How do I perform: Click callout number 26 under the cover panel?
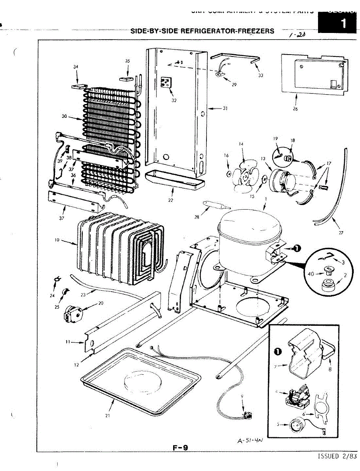[x=295, y=109]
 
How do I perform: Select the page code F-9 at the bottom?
[x=180, y=446]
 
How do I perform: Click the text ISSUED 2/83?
[x=338, y=456]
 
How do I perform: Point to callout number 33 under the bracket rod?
[x=261, y=75]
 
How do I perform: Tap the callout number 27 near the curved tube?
[x=341, y=233]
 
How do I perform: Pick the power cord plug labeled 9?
[x=248, y=414]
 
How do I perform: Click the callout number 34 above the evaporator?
[x=76, y=67]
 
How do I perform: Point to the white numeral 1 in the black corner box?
[x=344, y=23]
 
